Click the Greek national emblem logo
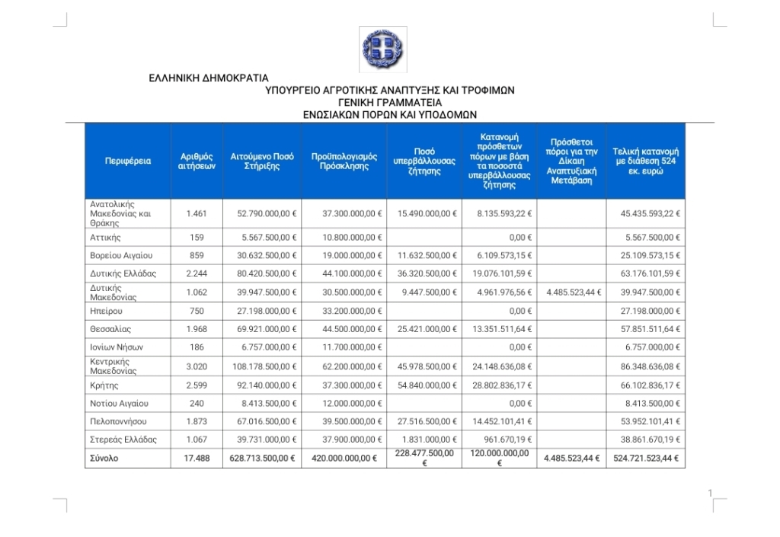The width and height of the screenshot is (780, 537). tap(383, 50)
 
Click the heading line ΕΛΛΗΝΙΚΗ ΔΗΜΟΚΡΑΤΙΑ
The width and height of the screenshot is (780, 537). tap(208, 78)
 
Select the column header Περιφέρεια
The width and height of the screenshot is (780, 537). tap(128, 161)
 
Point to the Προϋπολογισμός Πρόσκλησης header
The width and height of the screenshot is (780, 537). tap(344, 161)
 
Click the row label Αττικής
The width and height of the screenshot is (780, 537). tap(106, 238)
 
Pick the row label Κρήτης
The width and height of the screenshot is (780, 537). tap(104, 385)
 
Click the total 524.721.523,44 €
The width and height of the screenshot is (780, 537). tap(646, 459)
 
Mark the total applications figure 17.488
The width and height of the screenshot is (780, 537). tap(196, 459)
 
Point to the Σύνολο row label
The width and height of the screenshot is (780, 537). tap(104, 459)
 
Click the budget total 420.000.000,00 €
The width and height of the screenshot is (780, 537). tap(344, 459)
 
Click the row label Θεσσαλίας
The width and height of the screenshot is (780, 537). tap(110, 329)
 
